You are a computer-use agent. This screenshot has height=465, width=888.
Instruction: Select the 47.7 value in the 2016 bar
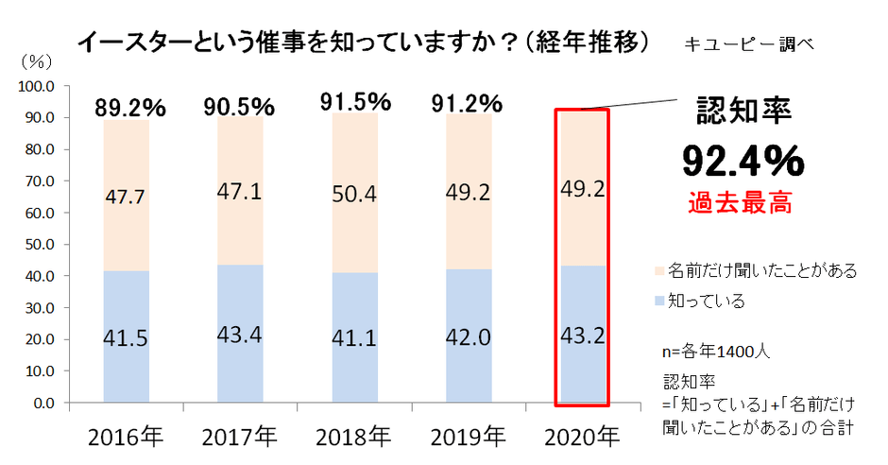[127, 197]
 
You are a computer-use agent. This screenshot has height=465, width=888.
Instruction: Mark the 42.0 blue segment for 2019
[469, 337]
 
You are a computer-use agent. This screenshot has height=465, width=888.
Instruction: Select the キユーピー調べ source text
[752, 43]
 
